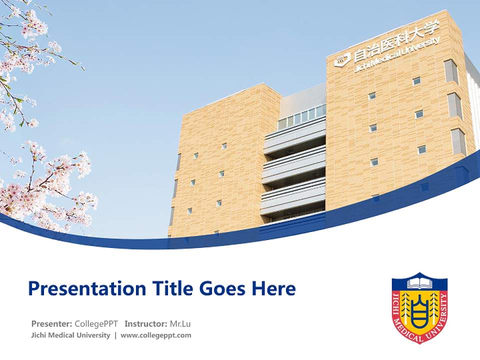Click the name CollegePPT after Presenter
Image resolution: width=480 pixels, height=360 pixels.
(96, 323)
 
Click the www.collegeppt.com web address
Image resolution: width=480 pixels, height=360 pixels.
(156, 335)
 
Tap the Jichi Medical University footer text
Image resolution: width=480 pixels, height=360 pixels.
(70, 335)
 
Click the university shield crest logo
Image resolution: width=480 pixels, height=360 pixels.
(419, 307)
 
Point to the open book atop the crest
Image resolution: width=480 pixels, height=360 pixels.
(419, 283)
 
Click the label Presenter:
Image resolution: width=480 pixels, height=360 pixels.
(51, 323)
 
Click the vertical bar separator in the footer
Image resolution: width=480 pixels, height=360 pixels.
(115, 335)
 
